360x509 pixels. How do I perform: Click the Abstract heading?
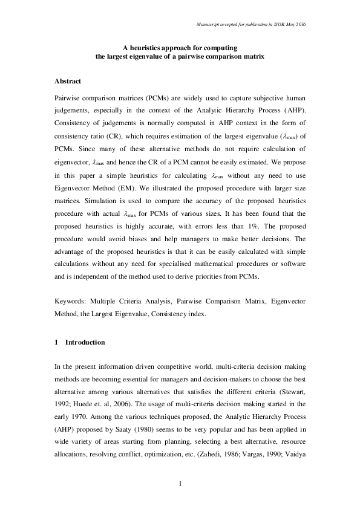click(68, 80)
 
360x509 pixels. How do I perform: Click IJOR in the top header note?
click(276, 24)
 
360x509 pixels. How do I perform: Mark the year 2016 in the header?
click(300, 24)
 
